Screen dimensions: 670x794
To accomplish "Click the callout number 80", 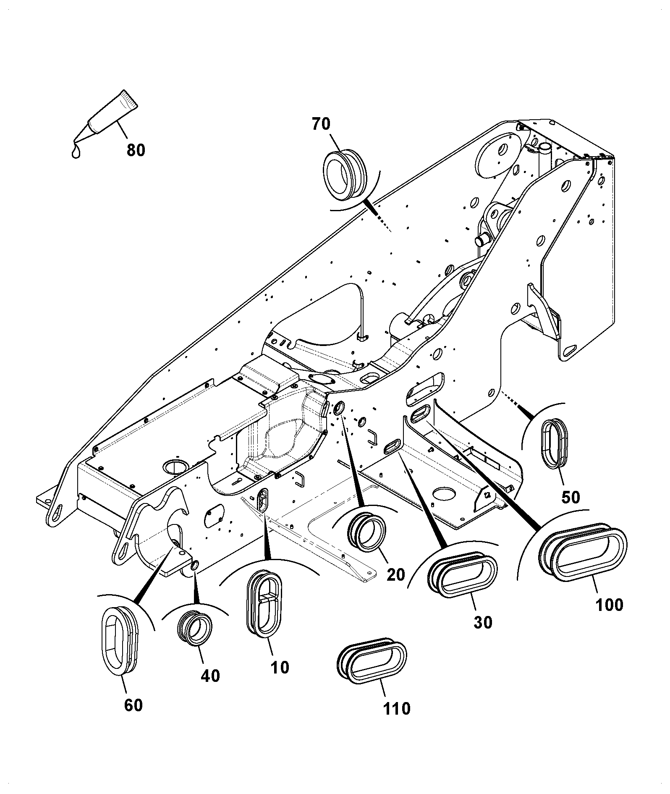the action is (x=136, y=150).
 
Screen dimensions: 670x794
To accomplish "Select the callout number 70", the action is (x=321, y=124).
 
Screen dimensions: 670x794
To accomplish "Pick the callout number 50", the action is (x=570, y=498).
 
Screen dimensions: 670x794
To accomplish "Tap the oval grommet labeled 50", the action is (x=554, y=443).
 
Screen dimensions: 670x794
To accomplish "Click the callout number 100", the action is (x=610, y=605).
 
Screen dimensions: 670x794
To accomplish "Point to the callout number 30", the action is (x=483, y=622).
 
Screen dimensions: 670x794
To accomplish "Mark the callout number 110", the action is (x=397, y=709).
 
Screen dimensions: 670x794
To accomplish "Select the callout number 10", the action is (x=280, y=667).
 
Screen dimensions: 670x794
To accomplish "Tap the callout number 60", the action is (x=133, y=705).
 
